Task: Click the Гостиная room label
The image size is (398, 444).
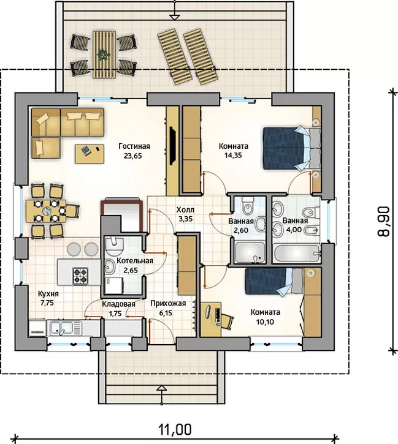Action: pyautogui.click(x=134, y=146)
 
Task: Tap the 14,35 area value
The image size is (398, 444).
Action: pyautogui.click(x=234, y=156)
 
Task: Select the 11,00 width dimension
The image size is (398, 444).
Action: pyautogui.click(x=175, y=429)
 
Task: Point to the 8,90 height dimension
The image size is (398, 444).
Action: pyautogui.click(x=383, y=222)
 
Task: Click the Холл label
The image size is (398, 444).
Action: pyautogui.click(x=185, y=210)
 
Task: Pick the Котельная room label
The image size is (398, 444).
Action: pyautogui.click(x=135, y=261)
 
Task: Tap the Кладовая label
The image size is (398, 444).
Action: pyautogui.click(x=118, y=304)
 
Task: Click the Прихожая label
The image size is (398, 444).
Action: pyautogui.click(x=168, y=304)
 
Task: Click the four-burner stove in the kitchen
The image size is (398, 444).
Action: pyautogui.click(x=80, y=276)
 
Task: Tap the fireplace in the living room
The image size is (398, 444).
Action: pyautogui.click(x=172, y=146)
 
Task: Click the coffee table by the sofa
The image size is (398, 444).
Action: pyautogui.click(x=90, y=154)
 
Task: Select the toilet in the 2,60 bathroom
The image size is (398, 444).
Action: pyautogui.click(x=248, y=205)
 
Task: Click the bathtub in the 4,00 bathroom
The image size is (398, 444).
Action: pyautogui.click(x=297, y=253)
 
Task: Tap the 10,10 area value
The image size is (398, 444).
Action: pyautogui.click(x=266, y=322)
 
